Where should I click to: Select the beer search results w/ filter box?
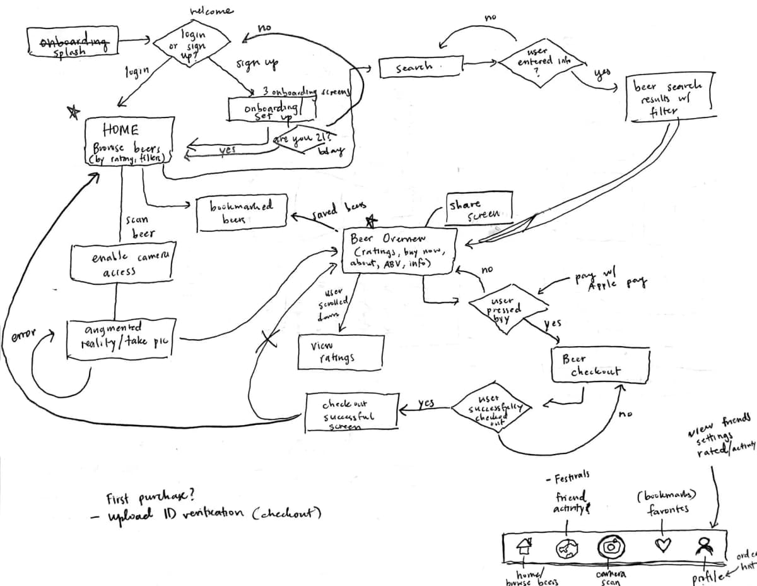[669, 98]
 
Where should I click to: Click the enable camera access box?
[123, 265]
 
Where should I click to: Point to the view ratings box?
[341, 352]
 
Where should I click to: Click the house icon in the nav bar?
[524, 547]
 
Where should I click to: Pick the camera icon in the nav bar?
[610, 546]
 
